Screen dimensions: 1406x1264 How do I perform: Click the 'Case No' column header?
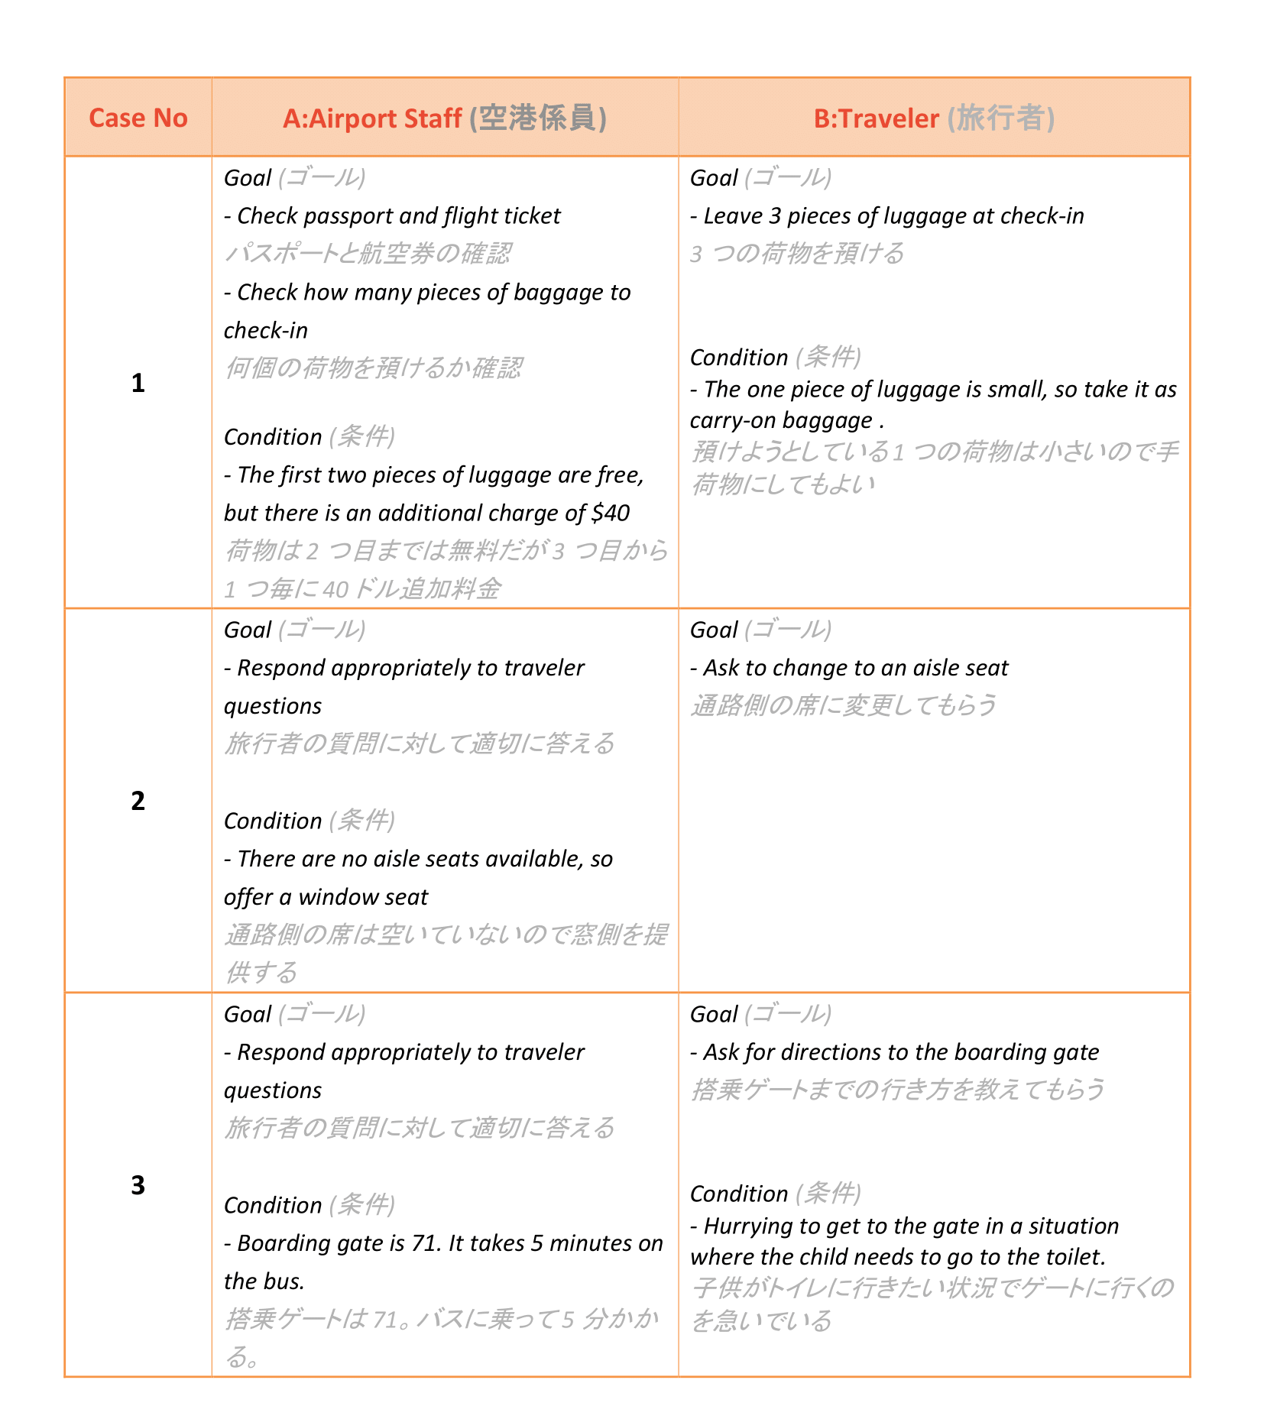tap(138, 118)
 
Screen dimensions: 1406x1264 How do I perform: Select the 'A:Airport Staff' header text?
tap(372, 118)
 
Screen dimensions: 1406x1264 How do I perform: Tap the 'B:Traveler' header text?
tap(876, 118)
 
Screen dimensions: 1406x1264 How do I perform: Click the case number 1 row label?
tap(138, 383)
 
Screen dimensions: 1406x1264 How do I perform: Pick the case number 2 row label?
tap(138, 801)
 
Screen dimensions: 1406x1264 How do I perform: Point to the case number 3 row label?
tap(138, 1185)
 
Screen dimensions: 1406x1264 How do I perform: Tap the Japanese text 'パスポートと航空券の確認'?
tap(368, 254)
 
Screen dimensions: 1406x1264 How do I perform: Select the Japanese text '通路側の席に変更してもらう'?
tap(844, 705)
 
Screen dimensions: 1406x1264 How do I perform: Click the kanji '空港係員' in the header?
tap(538, 118)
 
